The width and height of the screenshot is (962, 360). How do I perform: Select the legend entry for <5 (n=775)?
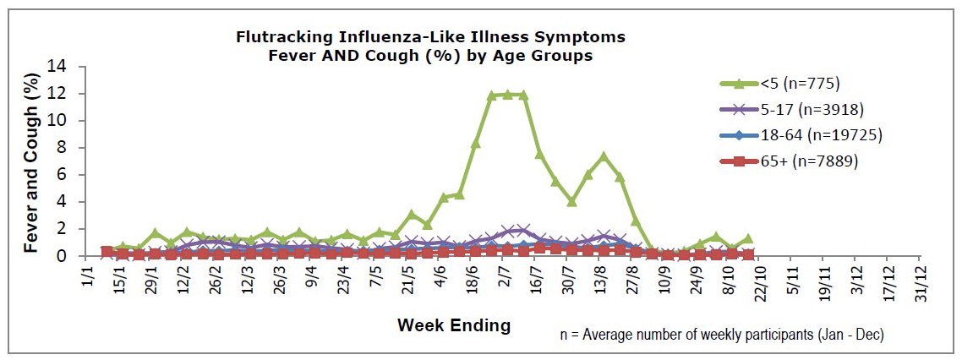(x=779, y=83)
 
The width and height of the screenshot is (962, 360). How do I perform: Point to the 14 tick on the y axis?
(x=69, y=67)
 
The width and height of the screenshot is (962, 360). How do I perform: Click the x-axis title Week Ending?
(x=454, y=325)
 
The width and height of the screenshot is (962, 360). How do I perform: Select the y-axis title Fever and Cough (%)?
(x=32, y=161)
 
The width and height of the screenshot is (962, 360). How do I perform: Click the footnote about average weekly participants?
(x=722, y=335)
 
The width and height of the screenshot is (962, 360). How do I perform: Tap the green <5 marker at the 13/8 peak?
(x=604, y=156)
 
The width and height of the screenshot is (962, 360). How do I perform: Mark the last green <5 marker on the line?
(x=747, y=238)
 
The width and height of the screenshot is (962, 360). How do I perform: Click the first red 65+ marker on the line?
(x=107, y=252)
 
